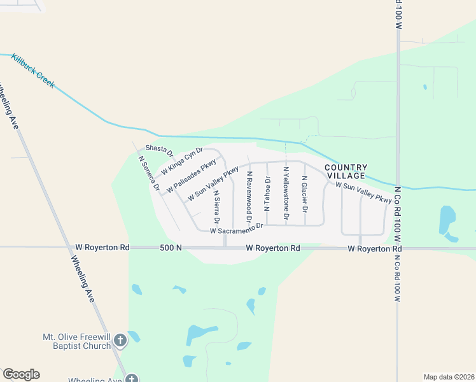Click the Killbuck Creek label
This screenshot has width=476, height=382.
click(33, 71)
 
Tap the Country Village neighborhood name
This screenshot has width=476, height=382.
click(346, 171)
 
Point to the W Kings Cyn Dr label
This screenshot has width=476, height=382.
click(181, 162)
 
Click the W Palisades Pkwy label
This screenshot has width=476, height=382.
click(192, 176)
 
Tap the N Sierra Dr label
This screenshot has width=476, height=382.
click(217, 206)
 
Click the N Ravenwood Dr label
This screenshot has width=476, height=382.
click(249, 192)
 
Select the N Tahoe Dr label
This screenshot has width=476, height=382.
click(267, 194)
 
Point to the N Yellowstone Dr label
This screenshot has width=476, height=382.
click(286, 194)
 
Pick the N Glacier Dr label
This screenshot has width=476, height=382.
click(305, 194)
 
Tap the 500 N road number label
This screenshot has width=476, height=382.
click(171, 248)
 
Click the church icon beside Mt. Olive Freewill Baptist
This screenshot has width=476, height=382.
click(120, 342)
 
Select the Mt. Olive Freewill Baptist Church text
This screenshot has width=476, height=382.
click(76, 342)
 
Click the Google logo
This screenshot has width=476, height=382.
click(21, 374)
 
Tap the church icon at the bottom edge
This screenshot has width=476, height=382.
click(131, 379)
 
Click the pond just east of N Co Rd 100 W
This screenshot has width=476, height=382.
click(447, 220)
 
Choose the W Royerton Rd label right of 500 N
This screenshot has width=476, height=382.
click(272, 248)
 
